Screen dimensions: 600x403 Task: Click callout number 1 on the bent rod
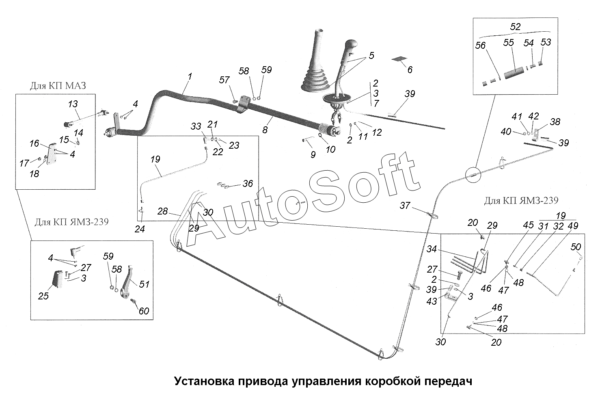[190, 76]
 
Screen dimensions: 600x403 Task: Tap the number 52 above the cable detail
[515, 27]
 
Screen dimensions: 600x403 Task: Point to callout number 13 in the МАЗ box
[73, 104]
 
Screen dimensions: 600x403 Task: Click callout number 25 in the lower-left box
[43, 296]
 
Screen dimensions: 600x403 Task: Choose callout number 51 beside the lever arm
[144, 284]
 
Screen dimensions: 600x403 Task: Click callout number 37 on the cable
[405, 206]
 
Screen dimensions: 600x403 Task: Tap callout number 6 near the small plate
[410, 70]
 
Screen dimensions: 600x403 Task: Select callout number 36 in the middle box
[248, 184]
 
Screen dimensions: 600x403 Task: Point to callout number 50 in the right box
[576, 247]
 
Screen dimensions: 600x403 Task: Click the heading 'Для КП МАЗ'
[58, 86]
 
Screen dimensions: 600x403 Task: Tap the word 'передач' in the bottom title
[448, 382]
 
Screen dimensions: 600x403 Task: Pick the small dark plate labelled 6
[399, 59]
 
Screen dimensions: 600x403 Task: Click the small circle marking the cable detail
[473, 175]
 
